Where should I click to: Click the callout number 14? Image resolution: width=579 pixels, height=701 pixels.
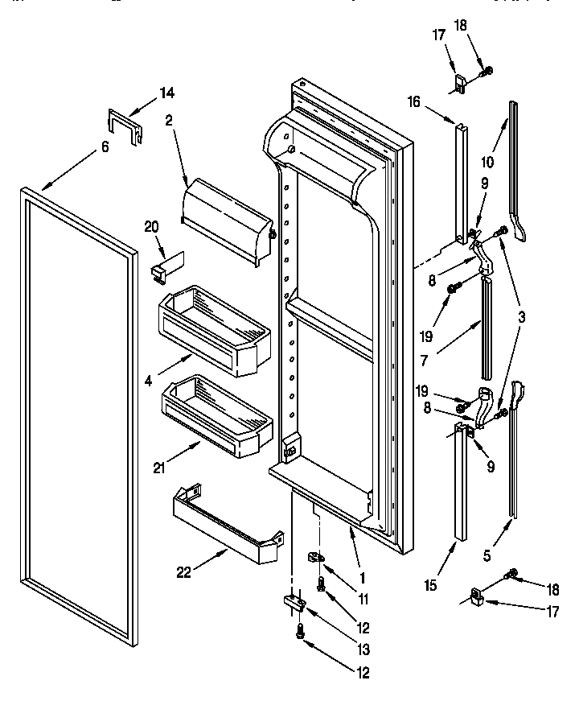coord(166,93)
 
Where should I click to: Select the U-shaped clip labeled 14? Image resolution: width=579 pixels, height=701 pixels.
coord(121,125)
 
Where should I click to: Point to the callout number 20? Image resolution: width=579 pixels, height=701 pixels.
coord(149,226)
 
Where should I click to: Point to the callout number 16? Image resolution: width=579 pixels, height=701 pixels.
coord(413,101)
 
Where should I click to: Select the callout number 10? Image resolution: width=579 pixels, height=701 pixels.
coord(487,161)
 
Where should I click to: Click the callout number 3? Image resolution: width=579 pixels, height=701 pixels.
coord(523,317)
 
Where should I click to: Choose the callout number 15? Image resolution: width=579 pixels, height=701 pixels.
coord(430,585)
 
